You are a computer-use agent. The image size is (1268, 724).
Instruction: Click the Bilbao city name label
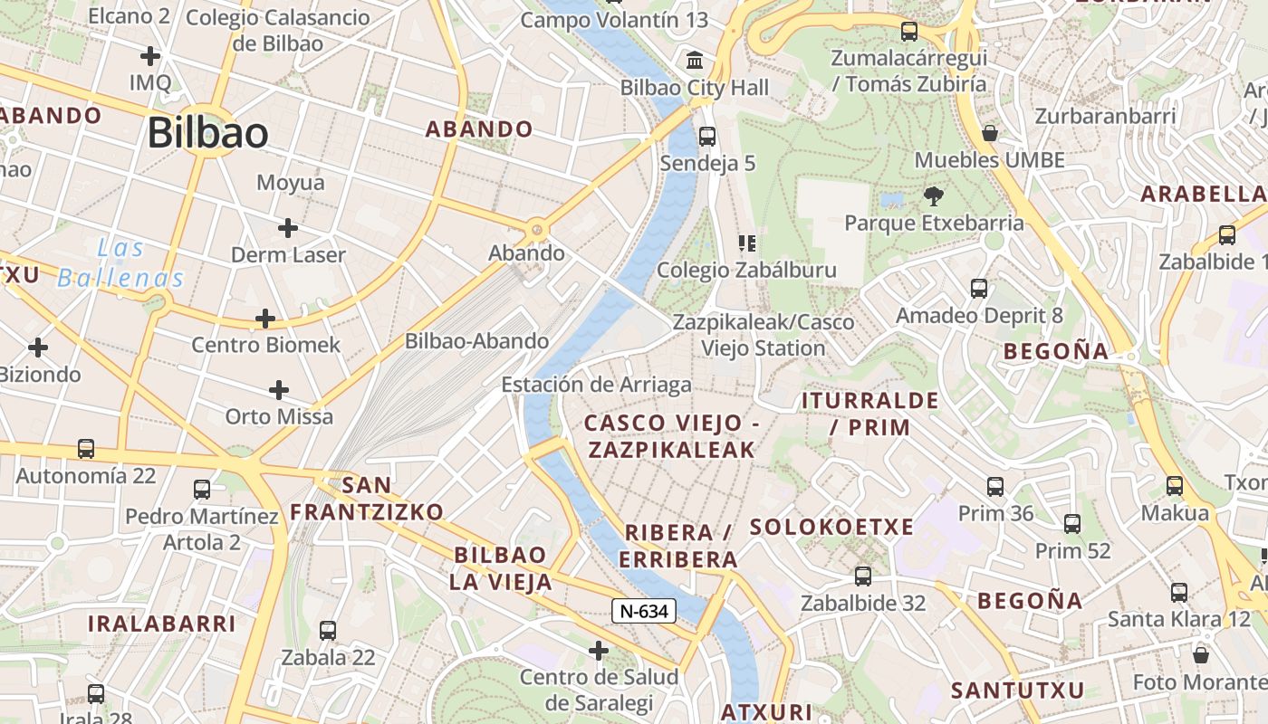click(207, 133)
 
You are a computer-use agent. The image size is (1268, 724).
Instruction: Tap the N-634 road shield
click(645, 611)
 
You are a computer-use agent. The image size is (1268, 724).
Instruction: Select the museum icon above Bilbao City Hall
click(695, 61)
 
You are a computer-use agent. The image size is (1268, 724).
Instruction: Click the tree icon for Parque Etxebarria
click(933, 195)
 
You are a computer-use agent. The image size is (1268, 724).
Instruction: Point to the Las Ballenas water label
click(121, 262)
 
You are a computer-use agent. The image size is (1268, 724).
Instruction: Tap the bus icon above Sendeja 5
click(707, 137)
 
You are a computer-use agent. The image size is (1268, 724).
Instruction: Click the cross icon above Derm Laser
click(288, 227)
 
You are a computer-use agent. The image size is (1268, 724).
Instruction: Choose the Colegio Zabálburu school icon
click(746, 243)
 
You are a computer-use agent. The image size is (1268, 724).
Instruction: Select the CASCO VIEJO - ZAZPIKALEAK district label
click(670, 436)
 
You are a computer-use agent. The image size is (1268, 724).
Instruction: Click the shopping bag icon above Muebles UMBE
click(989, 133)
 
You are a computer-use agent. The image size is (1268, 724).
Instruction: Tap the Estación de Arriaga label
click(596, 385)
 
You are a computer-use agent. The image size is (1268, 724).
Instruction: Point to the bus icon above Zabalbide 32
click(863, 576)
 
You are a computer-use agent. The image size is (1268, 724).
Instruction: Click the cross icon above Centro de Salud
click(599, 650)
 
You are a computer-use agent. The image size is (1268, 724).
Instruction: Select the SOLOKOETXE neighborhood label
click(831, 527)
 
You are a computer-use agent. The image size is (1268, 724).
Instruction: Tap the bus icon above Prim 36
click(995, 487)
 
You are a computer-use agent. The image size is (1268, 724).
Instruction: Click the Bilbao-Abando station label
click(476, 341)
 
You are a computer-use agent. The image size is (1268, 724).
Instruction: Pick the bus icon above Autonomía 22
click(86, 448)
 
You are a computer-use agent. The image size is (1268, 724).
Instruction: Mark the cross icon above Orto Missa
click(279, 390)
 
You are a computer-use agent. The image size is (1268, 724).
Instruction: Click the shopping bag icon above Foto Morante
click(1201, 654)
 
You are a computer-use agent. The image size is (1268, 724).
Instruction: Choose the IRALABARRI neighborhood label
click(161, 623)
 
